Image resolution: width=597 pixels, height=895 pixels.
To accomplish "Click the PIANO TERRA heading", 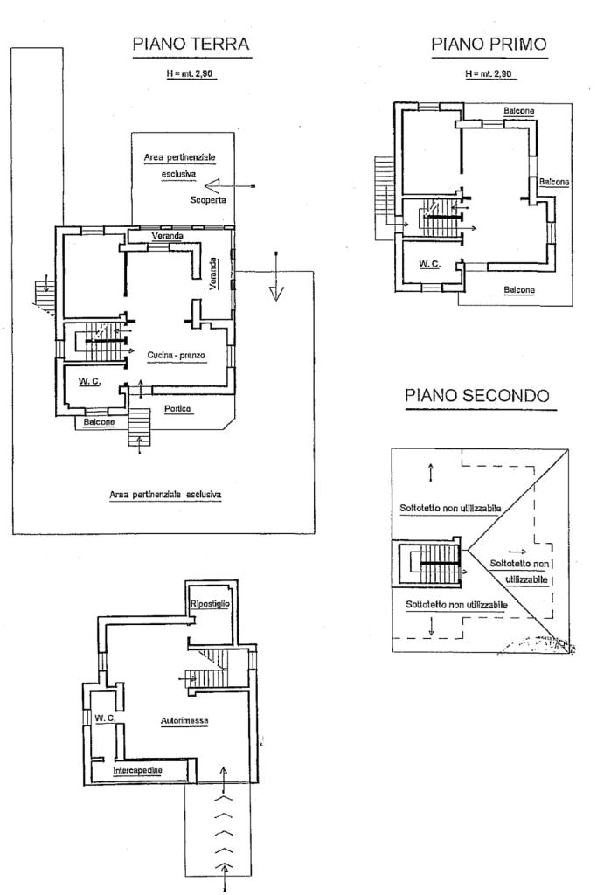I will point(191,45).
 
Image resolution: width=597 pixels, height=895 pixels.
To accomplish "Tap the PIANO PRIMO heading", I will point(489,45).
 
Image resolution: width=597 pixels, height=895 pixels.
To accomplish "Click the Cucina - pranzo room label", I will point(176,353).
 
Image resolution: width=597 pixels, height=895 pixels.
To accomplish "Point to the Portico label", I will point(178,409).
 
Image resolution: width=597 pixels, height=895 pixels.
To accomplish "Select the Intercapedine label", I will point(151,770).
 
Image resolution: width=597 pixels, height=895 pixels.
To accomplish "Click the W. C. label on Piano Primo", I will point(428,264).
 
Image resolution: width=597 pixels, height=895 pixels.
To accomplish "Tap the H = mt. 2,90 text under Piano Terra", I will point(191,74).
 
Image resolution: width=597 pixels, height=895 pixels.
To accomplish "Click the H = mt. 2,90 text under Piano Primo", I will point(489,74).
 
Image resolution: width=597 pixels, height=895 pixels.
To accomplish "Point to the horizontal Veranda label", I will point(167,237).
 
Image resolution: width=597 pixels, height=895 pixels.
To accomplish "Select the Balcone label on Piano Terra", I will point(100,422).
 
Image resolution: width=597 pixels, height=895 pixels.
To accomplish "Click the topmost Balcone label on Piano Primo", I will point(519,111).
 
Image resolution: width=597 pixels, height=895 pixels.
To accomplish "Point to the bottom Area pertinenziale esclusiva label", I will point(165,494).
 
